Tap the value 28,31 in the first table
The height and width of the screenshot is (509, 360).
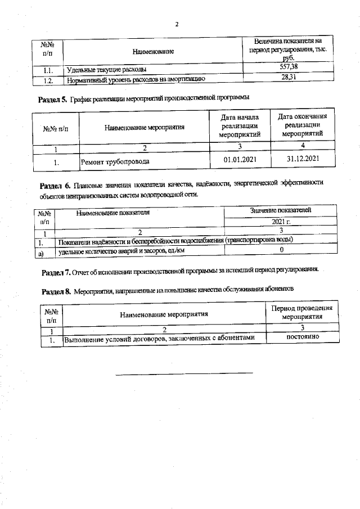coord(288,79)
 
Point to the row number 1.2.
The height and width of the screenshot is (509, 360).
coord(48,80)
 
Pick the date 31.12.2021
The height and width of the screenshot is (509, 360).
coord(303,159)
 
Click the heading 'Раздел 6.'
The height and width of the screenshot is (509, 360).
coord(56,186)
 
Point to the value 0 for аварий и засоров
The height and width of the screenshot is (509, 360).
coord(281,249)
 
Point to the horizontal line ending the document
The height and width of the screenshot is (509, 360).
coord(184,372)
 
